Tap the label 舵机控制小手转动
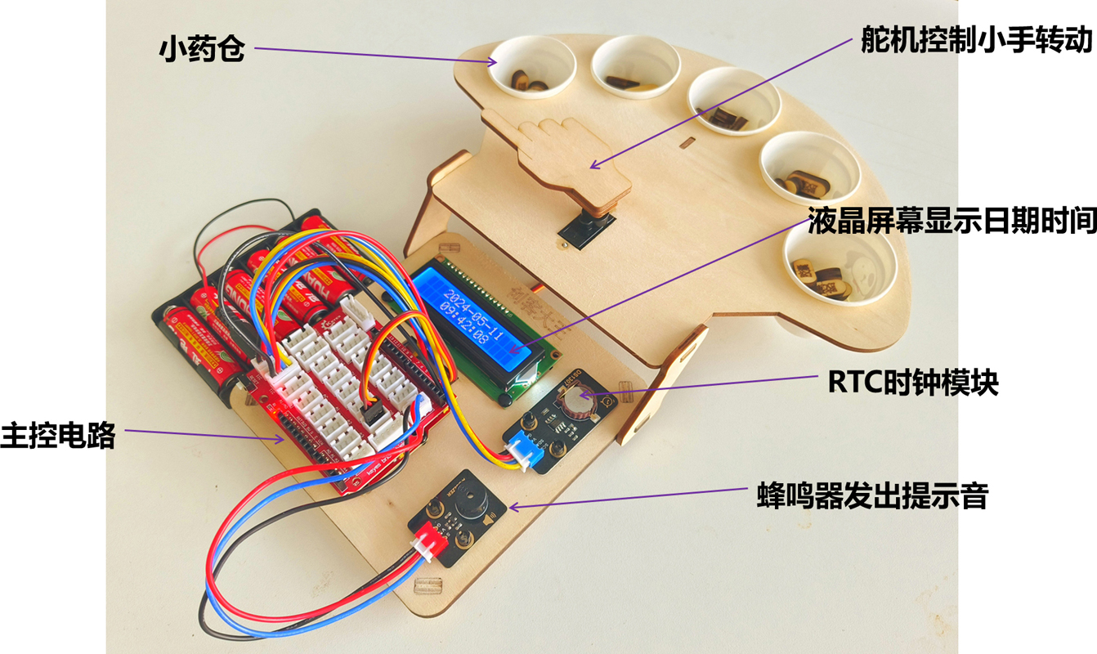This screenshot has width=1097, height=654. coord(976,39)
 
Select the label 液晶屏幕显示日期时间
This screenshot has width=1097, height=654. coord(951,222)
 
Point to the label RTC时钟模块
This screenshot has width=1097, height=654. coord(912,382)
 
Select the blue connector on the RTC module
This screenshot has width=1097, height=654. coord(520,453)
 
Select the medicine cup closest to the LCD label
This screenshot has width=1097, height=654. coord(834,265)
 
